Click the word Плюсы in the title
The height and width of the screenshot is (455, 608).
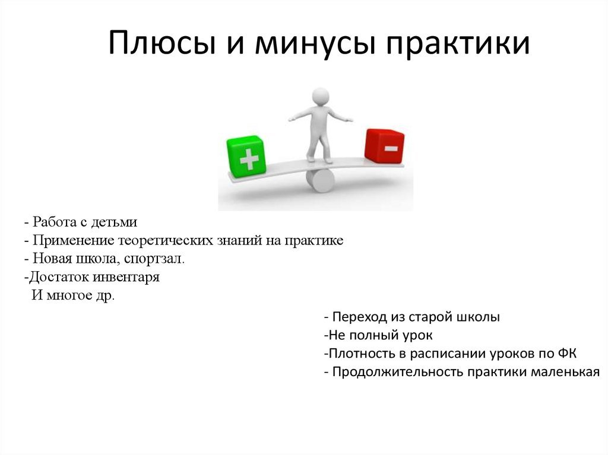161,43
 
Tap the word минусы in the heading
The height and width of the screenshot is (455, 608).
315,43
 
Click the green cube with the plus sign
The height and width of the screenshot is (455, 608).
246,156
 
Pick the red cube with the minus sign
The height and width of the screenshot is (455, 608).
384,147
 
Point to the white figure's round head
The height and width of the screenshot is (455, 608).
321,96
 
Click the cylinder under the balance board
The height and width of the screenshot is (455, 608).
320,182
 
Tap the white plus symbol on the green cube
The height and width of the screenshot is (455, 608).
249,159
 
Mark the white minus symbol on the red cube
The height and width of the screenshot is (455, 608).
391,148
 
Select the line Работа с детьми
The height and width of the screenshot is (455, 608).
81,222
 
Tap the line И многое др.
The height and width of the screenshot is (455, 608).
73,295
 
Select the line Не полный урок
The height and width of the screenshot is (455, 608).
378,335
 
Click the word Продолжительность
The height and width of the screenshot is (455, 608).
398,372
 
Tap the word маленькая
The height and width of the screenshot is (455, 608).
565,372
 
